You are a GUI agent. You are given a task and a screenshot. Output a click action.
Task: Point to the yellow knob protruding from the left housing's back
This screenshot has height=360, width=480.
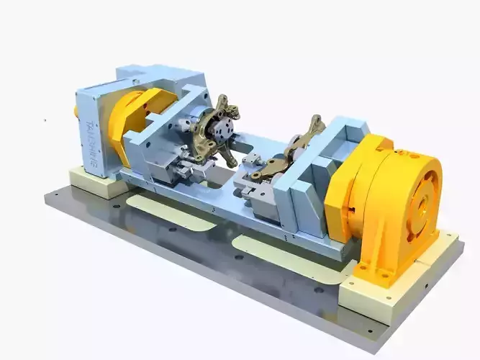[76, 112]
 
